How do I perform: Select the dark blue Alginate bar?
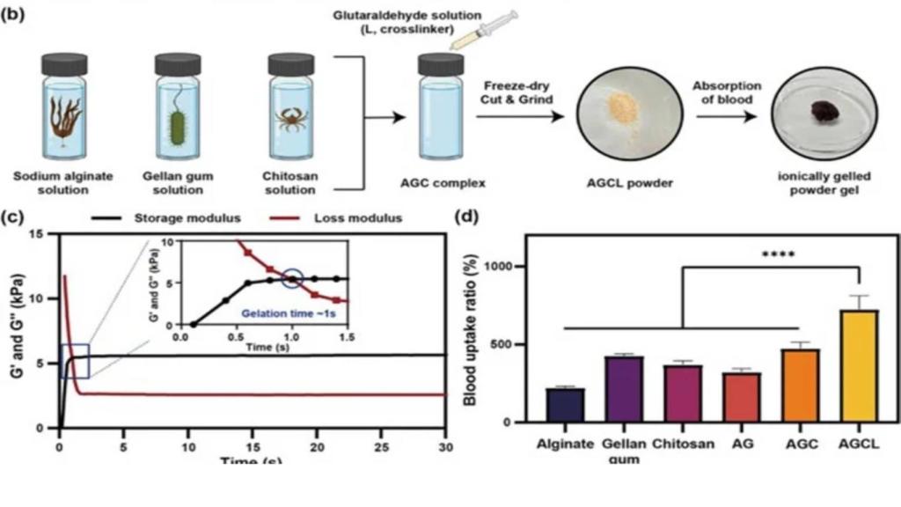pos(565,404)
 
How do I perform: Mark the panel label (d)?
pos(466,217)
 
